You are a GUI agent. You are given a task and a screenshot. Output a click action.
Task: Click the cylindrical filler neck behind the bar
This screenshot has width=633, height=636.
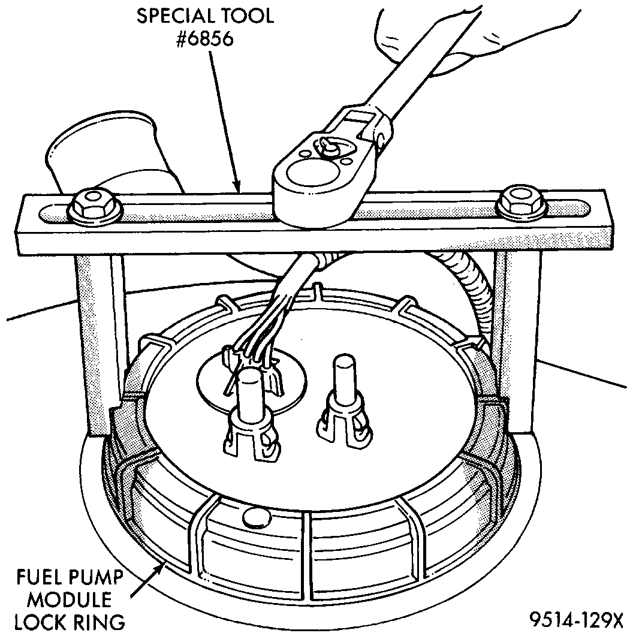pos(108,156)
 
